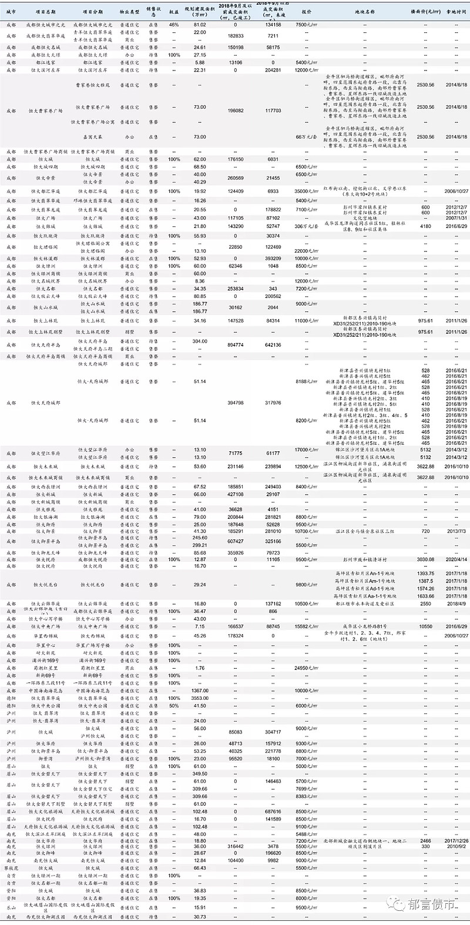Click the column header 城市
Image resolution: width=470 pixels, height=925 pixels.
pos(11,11)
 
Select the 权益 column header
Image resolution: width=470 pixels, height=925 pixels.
pos(174,11)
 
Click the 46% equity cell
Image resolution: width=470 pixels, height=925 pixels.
pos(174,25)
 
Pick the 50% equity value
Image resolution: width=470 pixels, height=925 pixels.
pos(174,705)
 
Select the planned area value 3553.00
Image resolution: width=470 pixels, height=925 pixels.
pos(200,698)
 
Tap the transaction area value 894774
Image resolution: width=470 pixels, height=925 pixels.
pos(235,344)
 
